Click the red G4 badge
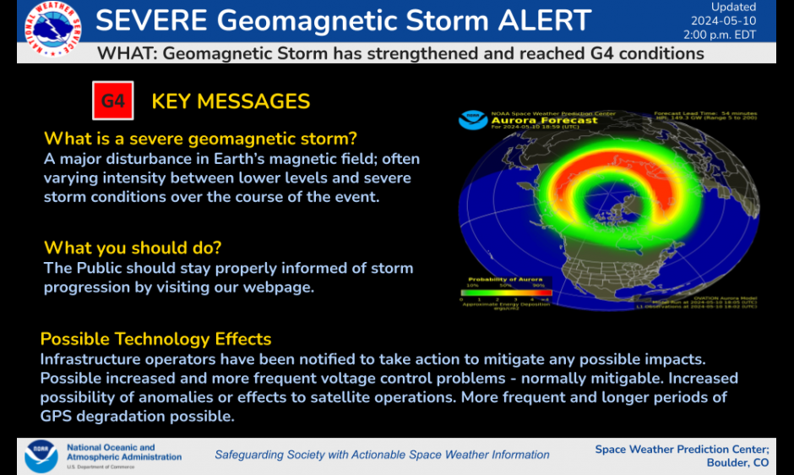coord(113,101)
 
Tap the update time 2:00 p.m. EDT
coord(720,35)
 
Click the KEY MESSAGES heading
coord(231,101)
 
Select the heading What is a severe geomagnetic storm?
coord(200,138)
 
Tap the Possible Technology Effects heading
coord(155,339)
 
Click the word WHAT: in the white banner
coord(127,54)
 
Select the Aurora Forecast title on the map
coord(544,121)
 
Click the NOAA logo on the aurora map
coord(473,120)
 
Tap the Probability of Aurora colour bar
coord(505,290)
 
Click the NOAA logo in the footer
coord(41,456)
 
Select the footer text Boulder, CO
coord(737,462)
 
